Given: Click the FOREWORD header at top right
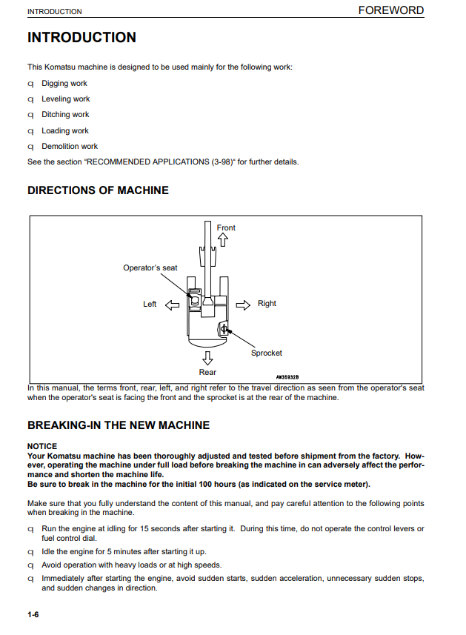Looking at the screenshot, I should pyautogui.click(x=390, y=10).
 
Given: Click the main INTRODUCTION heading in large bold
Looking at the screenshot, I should pyautogui.click(x=81, y=38).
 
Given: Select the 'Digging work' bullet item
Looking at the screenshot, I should pyautogui.click(x=64, y=84).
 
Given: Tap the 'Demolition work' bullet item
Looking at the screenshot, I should pyautogui.click(x=70, y=147).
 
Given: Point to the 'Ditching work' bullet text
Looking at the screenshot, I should pyautogui.click(x=65, y=115).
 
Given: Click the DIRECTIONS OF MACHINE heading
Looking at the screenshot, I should pyautogui.click(x=98, y=190).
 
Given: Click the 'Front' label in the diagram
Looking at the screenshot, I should pyautogui.click(x=226, y=227).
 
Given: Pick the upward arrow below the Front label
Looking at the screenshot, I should pyautogui.click(x=223, y=240).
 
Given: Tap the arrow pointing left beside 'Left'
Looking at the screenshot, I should pyautogui.click(x=171, y=305).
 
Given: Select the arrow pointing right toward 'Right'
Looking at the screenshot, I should pyautogui.click(x=243, y=304).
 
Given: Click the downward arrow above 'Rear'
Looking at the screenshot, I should pyautogui.click(x=207, y=358).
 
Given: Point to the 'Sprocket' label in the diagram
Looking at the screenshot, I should pyautogui.click(x=266, y=353).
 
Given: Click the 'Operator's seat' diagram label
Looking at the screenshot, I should pyautogui.click(x=150, y=268).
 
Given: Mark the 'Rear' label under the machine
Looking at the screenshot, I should pyautogui.click(x=207, y=373).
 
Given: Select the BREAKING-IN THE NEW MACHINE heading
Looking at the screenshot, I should pyautogui.click(x=119, y=425).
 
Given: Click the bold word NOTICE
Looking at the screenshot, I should pyautogui.click(x=41, y=447).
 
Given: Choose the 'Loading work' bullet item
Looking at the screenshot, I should pyautogui.click(x=65, y=131).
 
